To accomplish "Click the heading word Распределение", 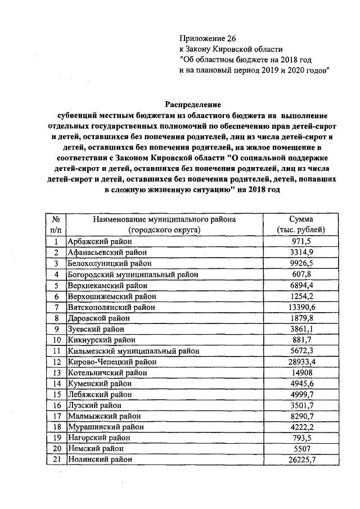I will click(193, 104).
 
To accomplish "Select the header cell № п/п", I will click(56, 224).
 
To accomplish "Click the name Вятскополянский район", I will click(111, 307).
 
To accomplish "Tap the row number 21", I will click(56, 460).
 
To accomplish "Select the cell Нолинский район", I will click(100, 460).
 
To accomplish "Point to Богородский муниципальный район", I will click(133, 274).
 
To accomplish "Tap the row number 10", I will click(56, 340).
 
